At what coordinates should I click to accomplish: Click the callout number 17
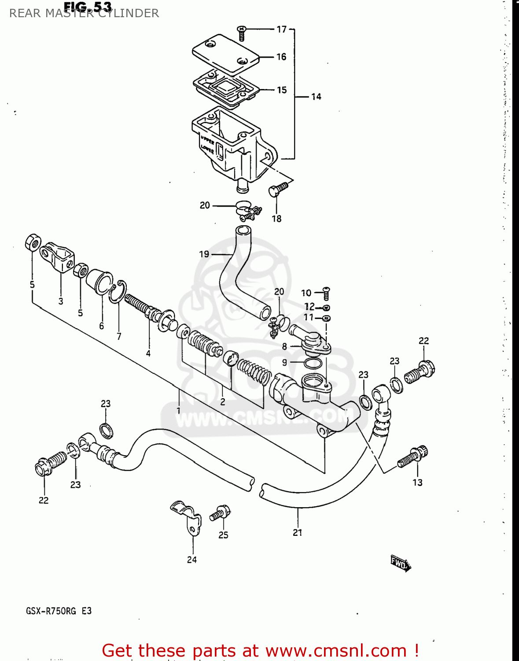tap(281, 30)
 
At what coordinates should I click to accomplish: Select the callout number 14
tap(316, 97)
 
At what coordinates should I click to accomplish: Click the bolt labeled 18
tap(277, 190)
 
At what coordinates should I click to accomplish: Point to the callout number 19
tap(204, 254)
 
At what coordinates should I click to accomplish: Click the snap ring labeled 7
tap(118, 292)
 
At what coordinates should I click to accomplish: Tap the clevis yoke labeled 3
tap(57, 257)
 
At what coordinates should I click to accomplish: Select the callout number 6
tap(101, 326)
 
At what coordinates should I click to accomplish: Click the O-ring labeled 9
tap(312, 364)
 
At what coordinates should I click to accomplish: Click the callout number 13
tap(417, 483)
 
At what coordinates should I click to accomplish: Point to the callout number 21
tap(298, 532)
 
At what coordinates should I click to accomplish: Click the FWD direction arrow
tap(400, 563)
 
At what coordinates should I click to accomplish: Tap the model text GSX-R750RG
tap(51, 611)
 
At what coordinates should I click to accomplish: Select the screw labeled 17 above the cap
tap(241, 33)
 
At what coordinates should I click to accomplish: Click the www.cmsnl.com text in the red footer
tap(336, 651)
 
